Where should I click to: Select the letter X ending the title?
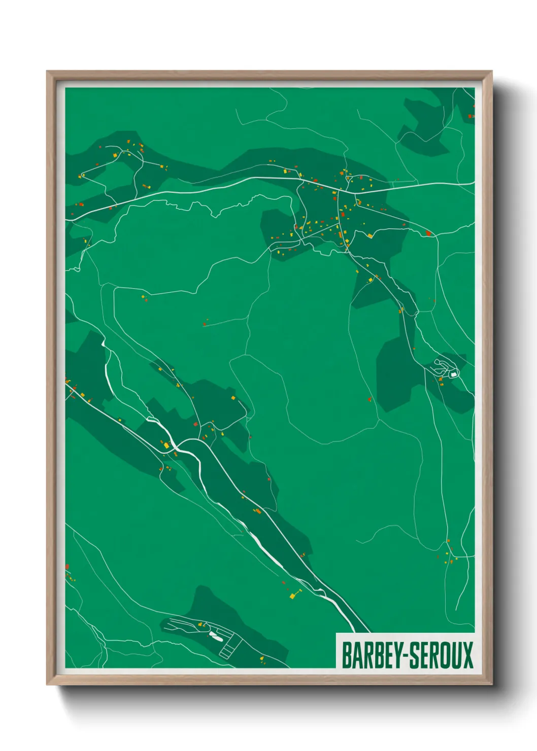pyautogui.click(x=467, y=655)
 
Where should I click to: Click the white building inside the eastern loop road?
pyautogui.click(x=453, y=374)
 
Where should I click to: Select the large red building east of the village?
pyautogui.click(x=428, y=233)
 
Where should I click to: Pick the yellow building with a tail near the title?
pyautogui.click(x=294, y=595)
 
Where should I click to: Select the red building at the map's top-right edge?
pyautogui.click(x=470, y=116)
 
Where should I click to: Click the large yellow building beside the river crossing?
pyautogui.click(x=166, y=445)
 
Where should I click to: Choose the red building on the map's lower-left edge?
pyautogui.click(x=67, y=566)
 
